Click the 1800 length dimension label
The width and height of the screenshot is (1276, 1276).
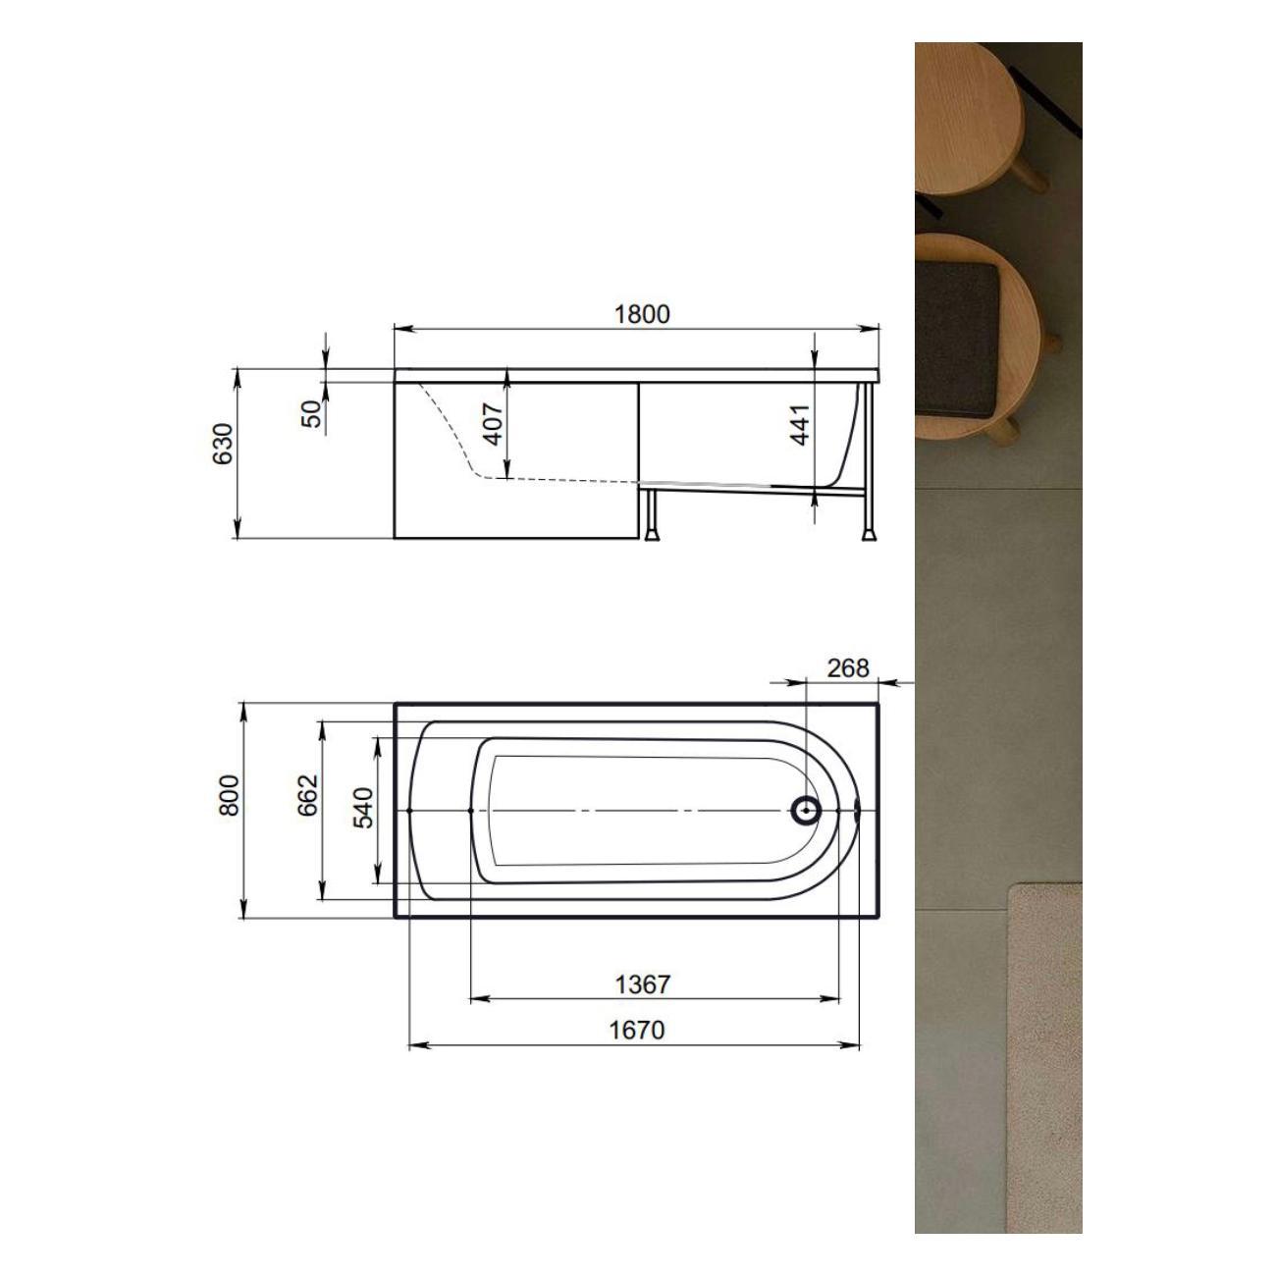[x=642, y=314]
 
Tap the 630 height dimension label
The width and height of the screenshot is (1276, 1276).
[x=223, y=444]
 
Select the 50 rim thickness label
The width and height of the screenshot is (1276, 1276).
[x=311, y=414]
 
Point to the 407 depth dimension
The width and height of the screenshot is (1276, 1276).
[x=492, y=424]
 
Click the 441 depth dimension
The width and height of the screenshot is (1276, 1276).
[x=801, y=424]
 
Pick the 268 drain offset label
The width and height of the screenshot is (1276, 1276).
[x=848, y=668]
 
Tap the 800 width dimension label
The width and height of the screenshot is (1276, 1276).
[x=229, y=795]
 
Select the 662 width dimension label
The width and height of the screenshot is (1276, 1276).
[x=308, y=795]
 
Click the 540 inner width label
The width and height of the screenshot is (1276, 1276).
[x=363, y=807]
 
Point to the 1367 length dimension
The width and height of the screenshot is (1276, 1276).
[x=642, y=984]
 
